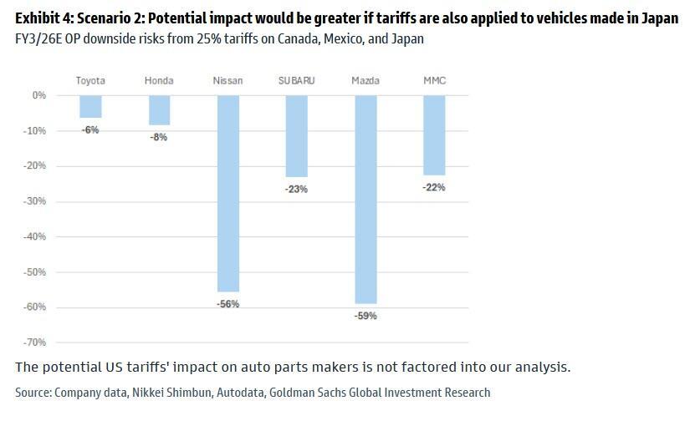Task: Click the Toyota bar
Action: click(x=90, y=106)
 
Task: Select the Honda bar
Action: click(x=159, y=109)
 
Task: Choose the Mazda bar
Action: click(x=365, y=199)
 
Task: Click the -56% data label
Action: click(x=227, y=304)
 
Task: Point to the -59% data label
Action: click(x=365, y=316)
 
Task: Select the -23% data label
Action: click(x=296, y=190)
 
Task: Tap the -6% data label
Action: click(x=90, y=130)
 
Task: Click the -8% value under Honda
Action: click(x=159, y=137)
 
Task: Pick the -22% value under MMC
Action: click(x=434, y=188)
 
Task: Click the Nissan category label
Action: click(x=227, y=81)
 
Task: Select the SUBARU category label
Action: click(x=296, y=81)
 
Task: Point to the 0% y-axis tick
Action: click(x=39, y=95)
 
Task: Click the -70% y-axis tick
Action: click(x=35, y=342)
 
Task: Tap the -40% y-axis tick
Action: click(x=35, y=236)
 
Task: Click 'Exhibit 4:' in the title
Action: click(x=43, y=19)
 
